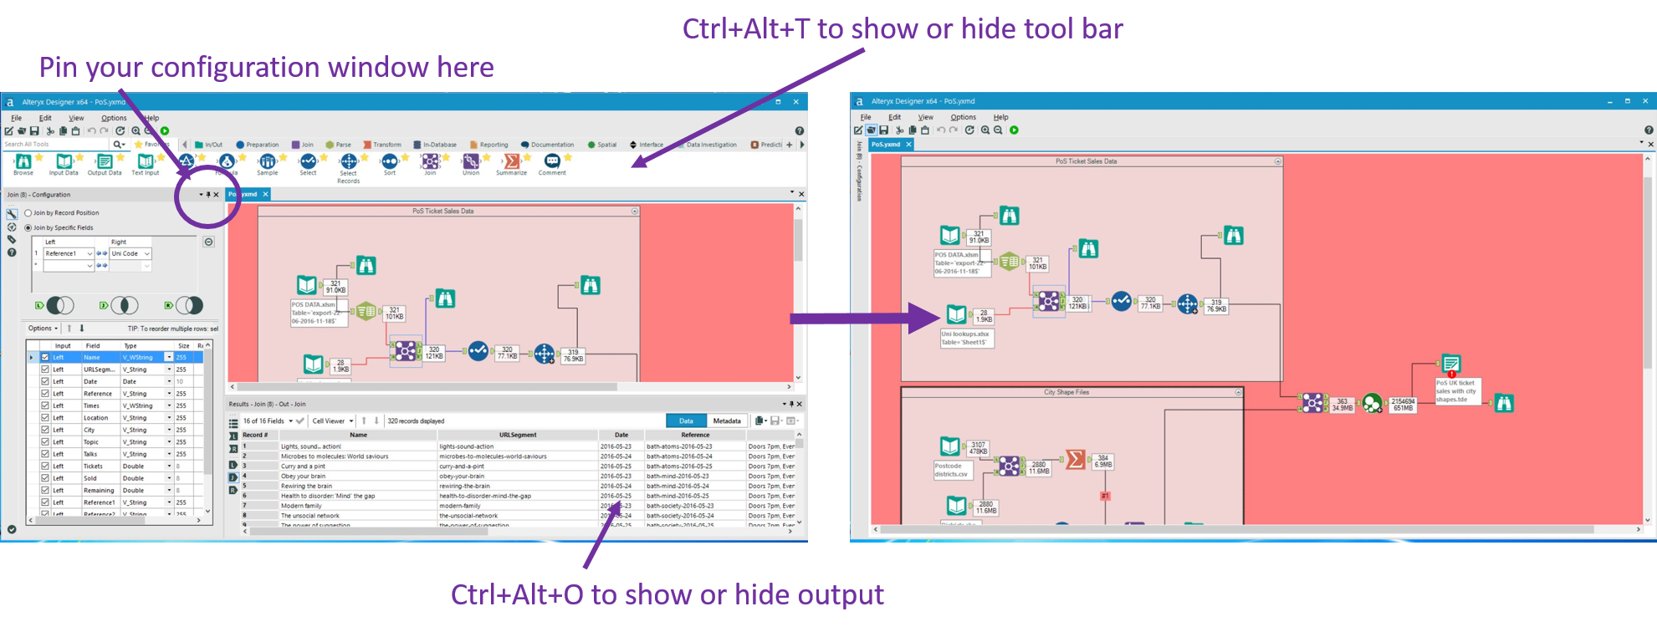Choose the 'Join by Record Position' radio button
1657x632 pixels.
28,213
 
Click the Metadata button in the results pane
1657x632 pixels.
726,420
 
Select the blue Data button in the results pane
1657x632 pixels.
686,420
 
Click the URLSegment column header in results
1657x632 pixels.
518,435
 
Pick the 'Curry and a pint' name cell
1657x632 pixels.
304,466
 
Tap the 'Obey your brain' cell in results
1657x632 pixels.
304,477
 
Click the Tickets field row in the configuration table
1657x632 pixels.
94,466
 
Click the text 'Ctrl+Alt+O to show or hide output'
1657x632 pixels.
667,594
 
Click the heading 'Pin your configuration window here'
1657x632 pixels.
266,67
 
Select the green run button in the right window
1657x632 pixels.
1014,130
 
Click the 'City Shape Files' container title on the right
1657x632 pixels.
1066,392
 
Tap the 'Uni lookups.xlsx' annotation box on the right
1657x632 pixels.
966,338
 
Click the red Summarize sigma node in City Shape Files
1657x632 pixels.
1076,459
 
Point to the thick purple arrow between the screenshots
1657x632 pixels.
862,319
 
